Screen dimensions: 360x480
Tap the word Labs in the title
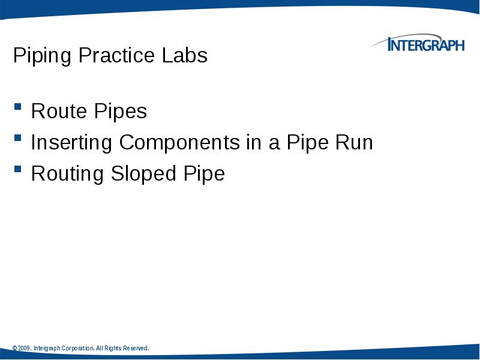[184, 56]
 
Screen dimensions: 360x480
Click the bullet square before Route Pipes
[18, 110]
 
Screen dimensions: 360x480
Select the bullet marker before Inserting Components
[18, 141]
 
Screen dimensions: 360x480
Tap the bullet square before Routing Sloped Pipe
[18, 172]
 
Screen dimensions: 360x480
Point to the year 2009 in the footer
[25, 349]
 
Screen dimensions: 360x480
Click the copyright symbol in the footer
[14, 349]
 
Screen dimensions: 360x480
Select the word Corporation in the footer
[76, 349]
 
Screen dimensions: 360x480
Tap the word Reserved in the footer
[135, 349]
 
